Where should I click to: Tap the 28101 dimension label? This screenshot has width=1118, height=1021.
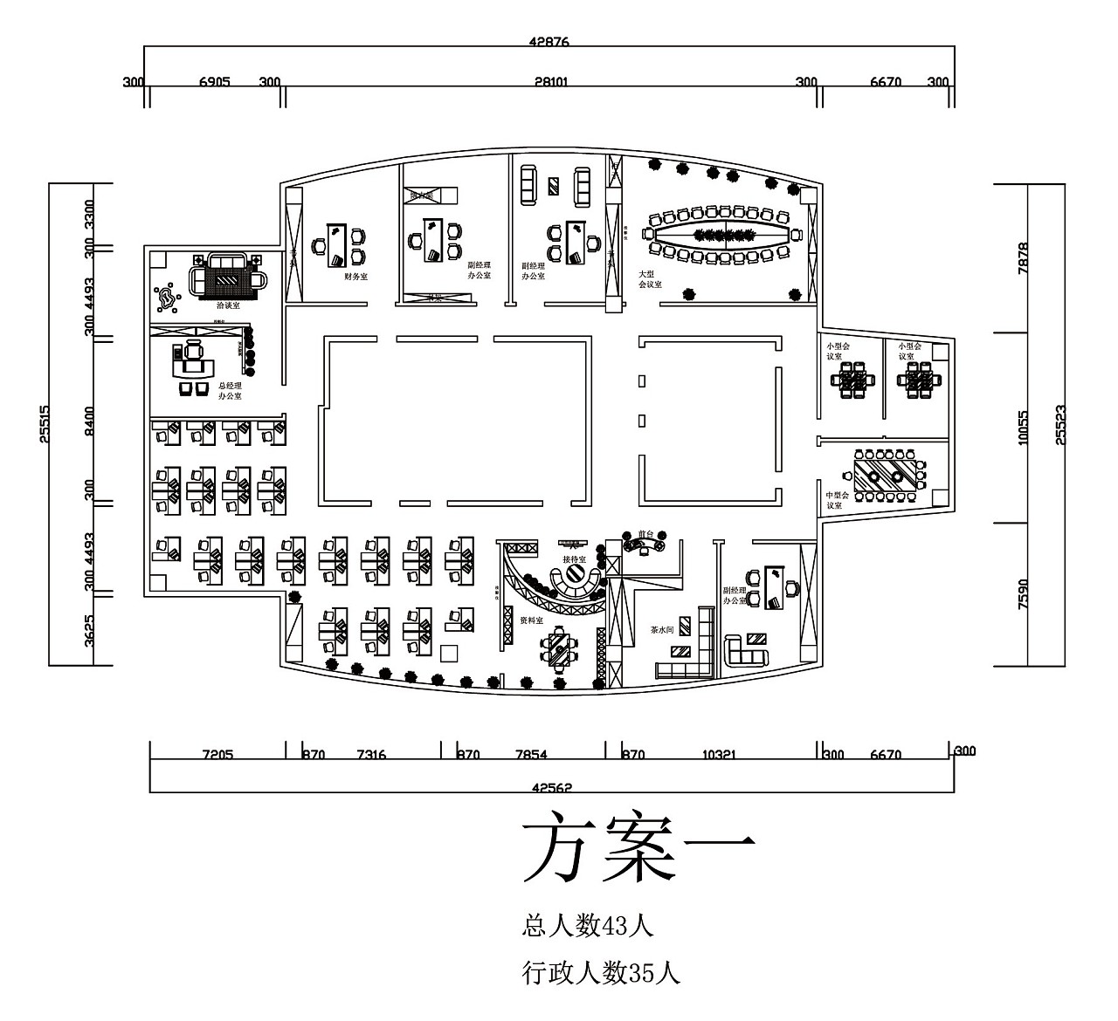550,82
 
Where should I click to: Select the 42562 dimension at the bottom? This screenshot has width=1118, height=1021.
551,787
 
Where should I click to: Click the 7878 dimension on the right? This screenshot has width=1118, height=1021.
1025,258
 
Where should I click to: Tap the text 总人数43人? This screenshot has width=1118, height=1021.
587,925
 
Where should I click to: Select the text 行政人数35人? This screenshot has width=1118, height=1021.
601,971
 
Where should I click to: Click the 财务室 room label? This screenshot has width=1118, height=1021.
355,276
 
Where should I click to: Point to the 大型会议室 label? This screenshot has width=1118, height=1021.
650,279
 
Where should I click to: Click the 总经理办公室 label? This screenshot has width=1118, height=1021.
231,392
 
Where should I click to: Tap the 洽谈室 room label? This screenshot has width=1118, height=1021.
229,306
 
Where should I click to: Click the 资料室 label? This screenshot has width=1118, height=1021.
531,620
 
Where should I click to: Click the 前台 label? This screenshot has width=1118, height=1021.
646,532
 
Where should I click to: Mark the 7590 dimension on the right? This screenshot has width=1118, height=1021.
1025,593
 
